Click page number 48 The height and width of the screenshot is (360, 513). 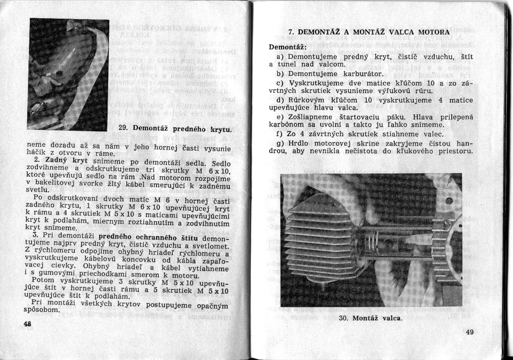[29, 323]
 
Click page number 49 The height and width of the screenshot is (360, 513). [470, 332]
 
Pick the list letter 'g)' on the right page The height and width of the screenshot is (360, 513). [280, 143]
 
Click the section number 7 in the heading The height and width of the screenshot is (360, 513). [290, 32]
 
